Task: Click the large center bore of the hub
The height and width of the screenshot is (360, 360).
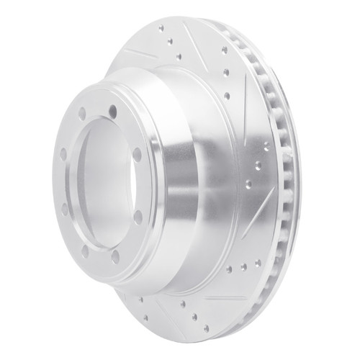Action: (108, 180)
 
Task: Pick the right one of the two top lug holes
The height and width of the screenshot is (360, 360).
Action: (113, 110)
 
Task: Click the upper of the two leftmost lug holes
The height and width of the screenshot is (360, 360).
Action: (63, 153)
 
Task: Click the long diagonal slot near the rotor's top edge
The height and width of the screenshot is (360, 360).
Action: (196, 37)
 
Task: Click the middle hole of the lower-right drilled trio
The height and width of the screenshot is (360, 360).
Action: (244, 266)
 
